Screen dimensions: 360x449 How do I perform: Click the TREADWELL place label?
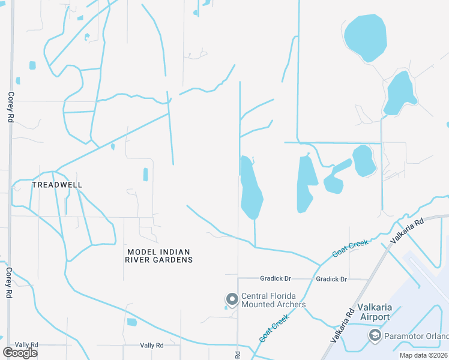pyautogui.click(x=57, y=185)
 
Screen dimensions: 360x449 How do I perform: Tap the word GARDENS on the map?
pyautogui.click(x=172, y=260)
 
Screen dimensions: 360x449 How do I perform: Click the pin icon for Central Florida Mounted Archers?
pyautogui.click(x=232, y=299)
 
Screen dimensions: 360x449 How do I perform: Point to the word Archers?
pyautogui.click(x=291, y=304)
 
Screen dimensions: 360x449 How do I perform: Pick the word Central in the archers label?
pyautogui.click(x=255, y=296)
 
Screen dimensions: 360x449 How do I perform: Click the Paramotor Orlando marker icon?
pyautogui.click(x=375, y=334)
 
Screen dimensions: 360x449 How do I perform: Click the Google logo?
pyautogui.click(x=20, y=353)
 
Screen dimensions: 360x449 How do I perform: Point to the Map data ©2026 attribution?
pyautogui.click(x=423, y=355)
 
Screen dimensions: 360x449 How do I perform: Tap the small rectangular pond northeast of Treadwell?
pyautogui.click(x=145, y=174)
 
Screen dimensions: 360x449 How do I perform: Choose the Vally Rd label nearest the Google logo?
pyautogui.click(x=26, y=345)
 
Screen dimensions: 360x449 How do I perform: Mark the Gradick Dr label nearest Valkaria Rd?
pyautogui.click(x=331, y=279)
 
